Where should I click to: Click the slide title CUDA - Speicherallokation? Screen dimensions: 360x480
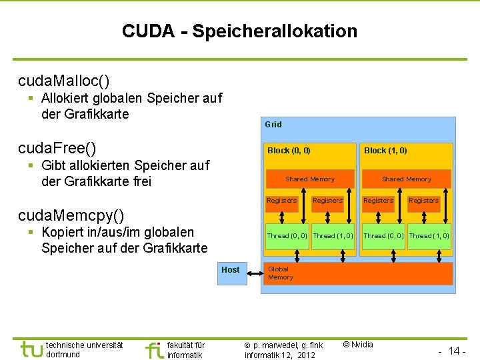[239, 31]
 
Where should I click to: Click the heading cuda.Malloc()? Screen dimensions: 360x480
[64, 81]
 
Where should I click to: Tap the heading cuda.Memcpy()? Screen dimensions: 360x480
[71, 215]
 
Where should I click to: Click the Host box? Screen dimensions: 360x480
[231, 270]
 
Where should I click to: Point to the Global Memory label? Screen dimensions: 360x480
[280, 273]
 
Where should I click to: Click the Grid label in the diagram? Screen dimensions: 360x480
[273, 125]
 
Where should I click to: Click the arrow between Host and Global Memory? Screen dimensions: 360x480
[253, 270]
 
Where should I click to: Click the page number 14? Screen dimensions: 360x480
[457, 350]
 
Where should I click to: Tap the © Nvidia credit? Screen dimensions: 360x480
[357, 345]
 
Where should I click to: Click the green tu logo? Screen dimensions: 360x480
[31, 349]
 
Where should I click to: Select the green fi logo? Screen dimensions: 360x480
[154, 349]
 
